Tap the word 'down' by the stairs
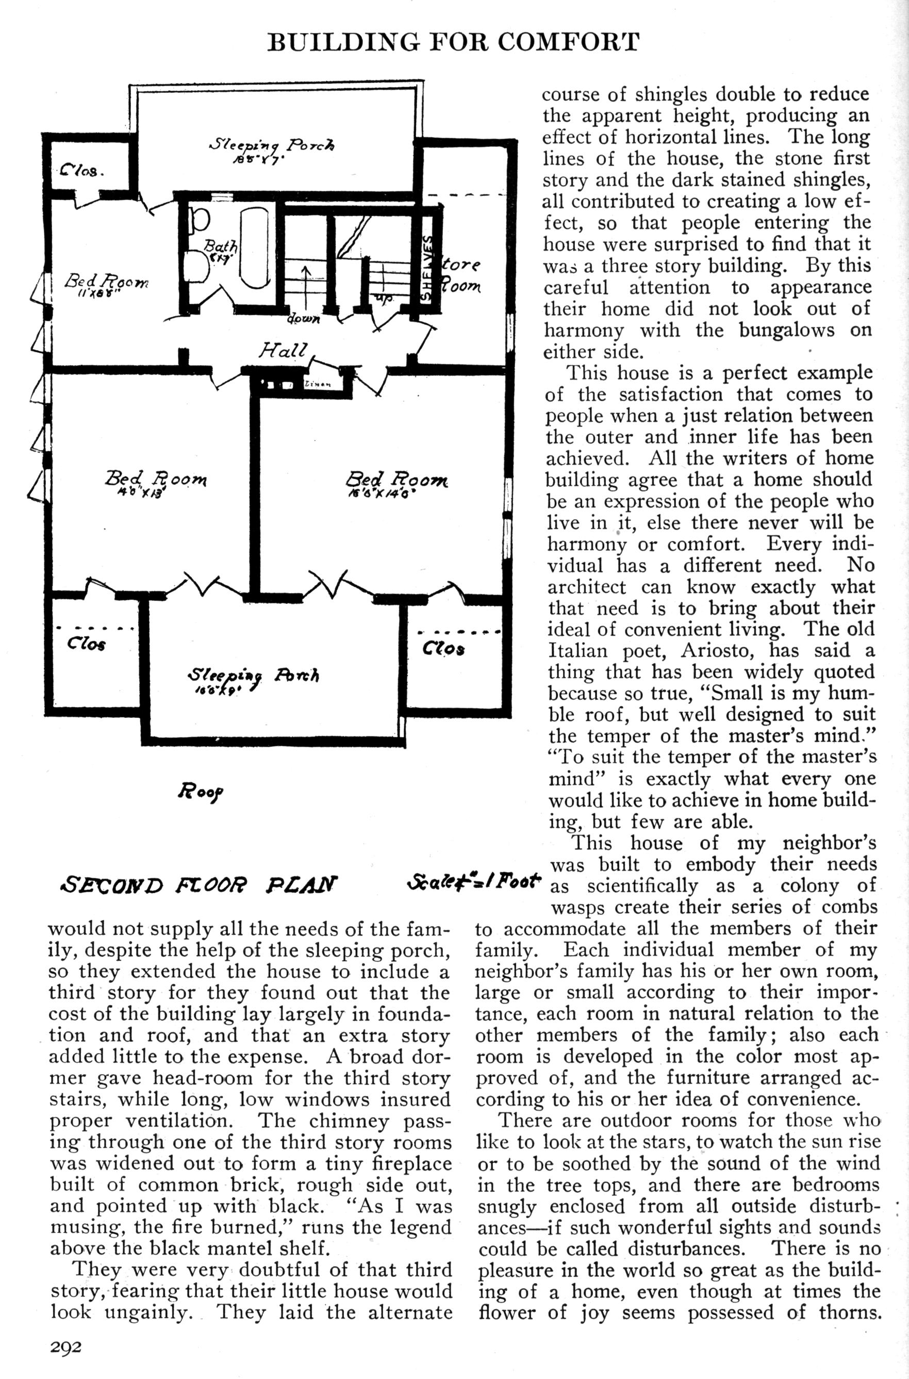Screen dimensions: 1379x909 (303, 319)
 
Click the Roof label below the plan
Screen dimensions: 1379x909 (201, 790)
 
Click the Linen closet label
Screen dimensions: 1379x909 (317, 385)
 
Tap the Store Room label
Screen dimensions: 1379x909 (461, 276)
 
